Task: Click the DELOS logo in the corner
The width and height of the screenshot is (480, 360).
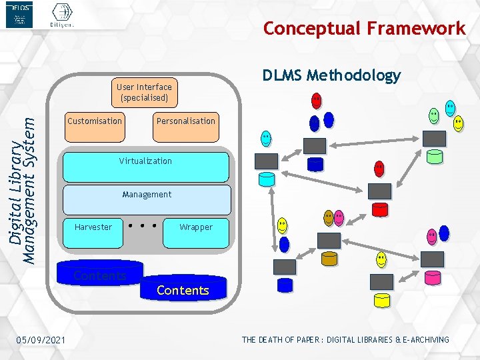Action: point(19,15)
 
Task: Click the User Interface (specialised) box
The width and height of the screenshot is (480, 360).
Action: point(144,92)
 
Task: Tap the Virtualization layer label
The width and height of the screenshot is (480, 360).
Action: point(145,161)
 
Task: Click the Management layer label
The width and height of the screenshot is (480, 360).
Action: point(147,195)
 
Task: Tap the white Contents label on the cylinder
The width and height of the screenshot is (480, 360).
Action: point(183,291)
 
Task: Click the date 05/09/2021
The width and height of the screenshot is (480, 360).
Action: point(41,341)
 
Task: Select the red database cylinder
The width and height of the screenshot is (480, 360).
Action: point(379,209)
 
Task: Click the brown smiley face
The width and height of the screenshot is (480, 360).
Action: point(328,217)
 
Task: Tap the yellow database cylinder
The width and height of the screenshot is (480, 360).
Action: point(382,299)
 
